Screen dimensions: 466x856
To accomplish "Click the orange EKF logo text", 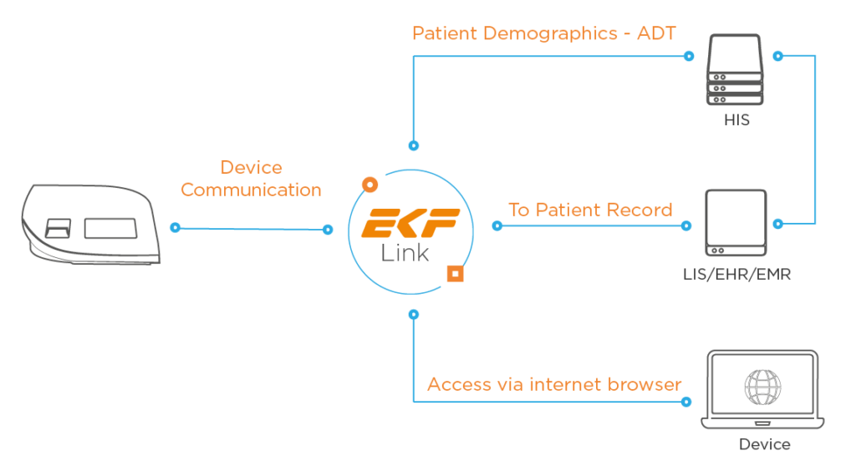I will click(410, 225).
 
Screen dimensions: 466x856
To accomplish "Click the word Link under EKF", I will click(406, 253).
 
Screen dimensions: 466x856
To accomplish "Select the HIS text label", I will click(736, 120).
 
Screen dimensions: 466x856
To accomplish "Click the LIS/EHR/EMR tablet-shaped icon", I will click(736, 222).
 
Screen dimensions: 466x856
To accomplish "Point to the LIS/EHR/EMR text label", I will click(736, 273).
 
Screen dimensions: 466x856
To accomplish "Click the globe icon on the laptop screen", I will click(762, 385).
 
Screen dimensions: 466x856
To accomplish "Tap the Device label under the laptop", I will click(764, 443).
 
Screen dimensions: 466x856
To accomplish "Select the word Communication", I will click(251, 190).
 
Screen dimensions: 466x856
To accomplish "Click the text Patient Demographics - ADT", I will click(544, 33).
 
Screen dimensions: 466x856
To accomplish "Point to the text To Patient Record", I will click(590, 210).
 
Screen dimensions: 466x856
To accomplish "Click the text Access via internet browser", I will click(554, 384).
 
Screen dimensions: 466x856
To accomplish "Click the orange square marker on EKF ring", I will click(455, 273).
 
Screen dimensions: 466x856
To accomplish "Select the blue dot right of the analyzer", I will click(175, 227).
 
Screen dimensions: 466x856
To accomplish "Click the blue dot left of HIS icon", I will click(688, 57).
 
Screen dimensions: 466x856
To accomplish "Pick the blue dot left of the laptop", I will click(688, 402).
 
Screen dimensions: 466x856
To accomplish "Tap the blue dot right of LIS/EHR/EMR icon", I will click(777, 224).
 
